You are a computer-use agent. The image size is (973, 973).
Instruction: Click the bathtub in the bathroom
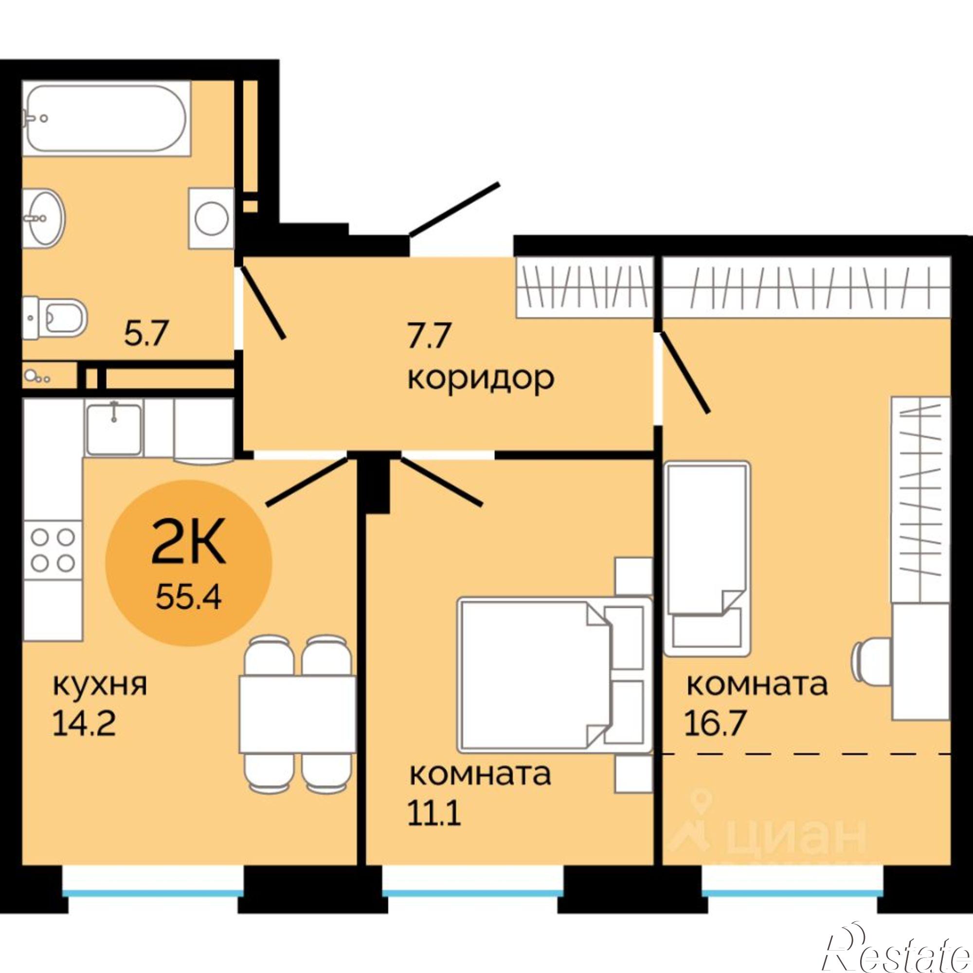[107, 118]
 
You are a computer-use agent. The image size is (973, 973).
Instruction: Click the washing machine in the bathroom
[212, 218]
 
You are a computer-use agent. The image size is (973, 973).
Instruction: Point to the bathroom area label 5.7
[145, 334]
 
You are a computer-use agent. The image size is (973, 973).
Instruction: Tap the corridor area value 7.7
[428, 336]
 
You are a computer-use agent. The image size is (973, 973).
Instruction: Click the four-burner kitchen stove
[53, 550]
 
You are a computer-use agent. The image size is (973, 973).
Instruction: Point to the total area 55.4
[188, 597]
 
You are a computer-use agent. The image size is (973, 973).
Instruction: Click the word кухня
[100, 685]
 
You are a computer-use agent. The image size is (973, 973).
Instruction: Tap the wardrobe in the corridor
[585, 287]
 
